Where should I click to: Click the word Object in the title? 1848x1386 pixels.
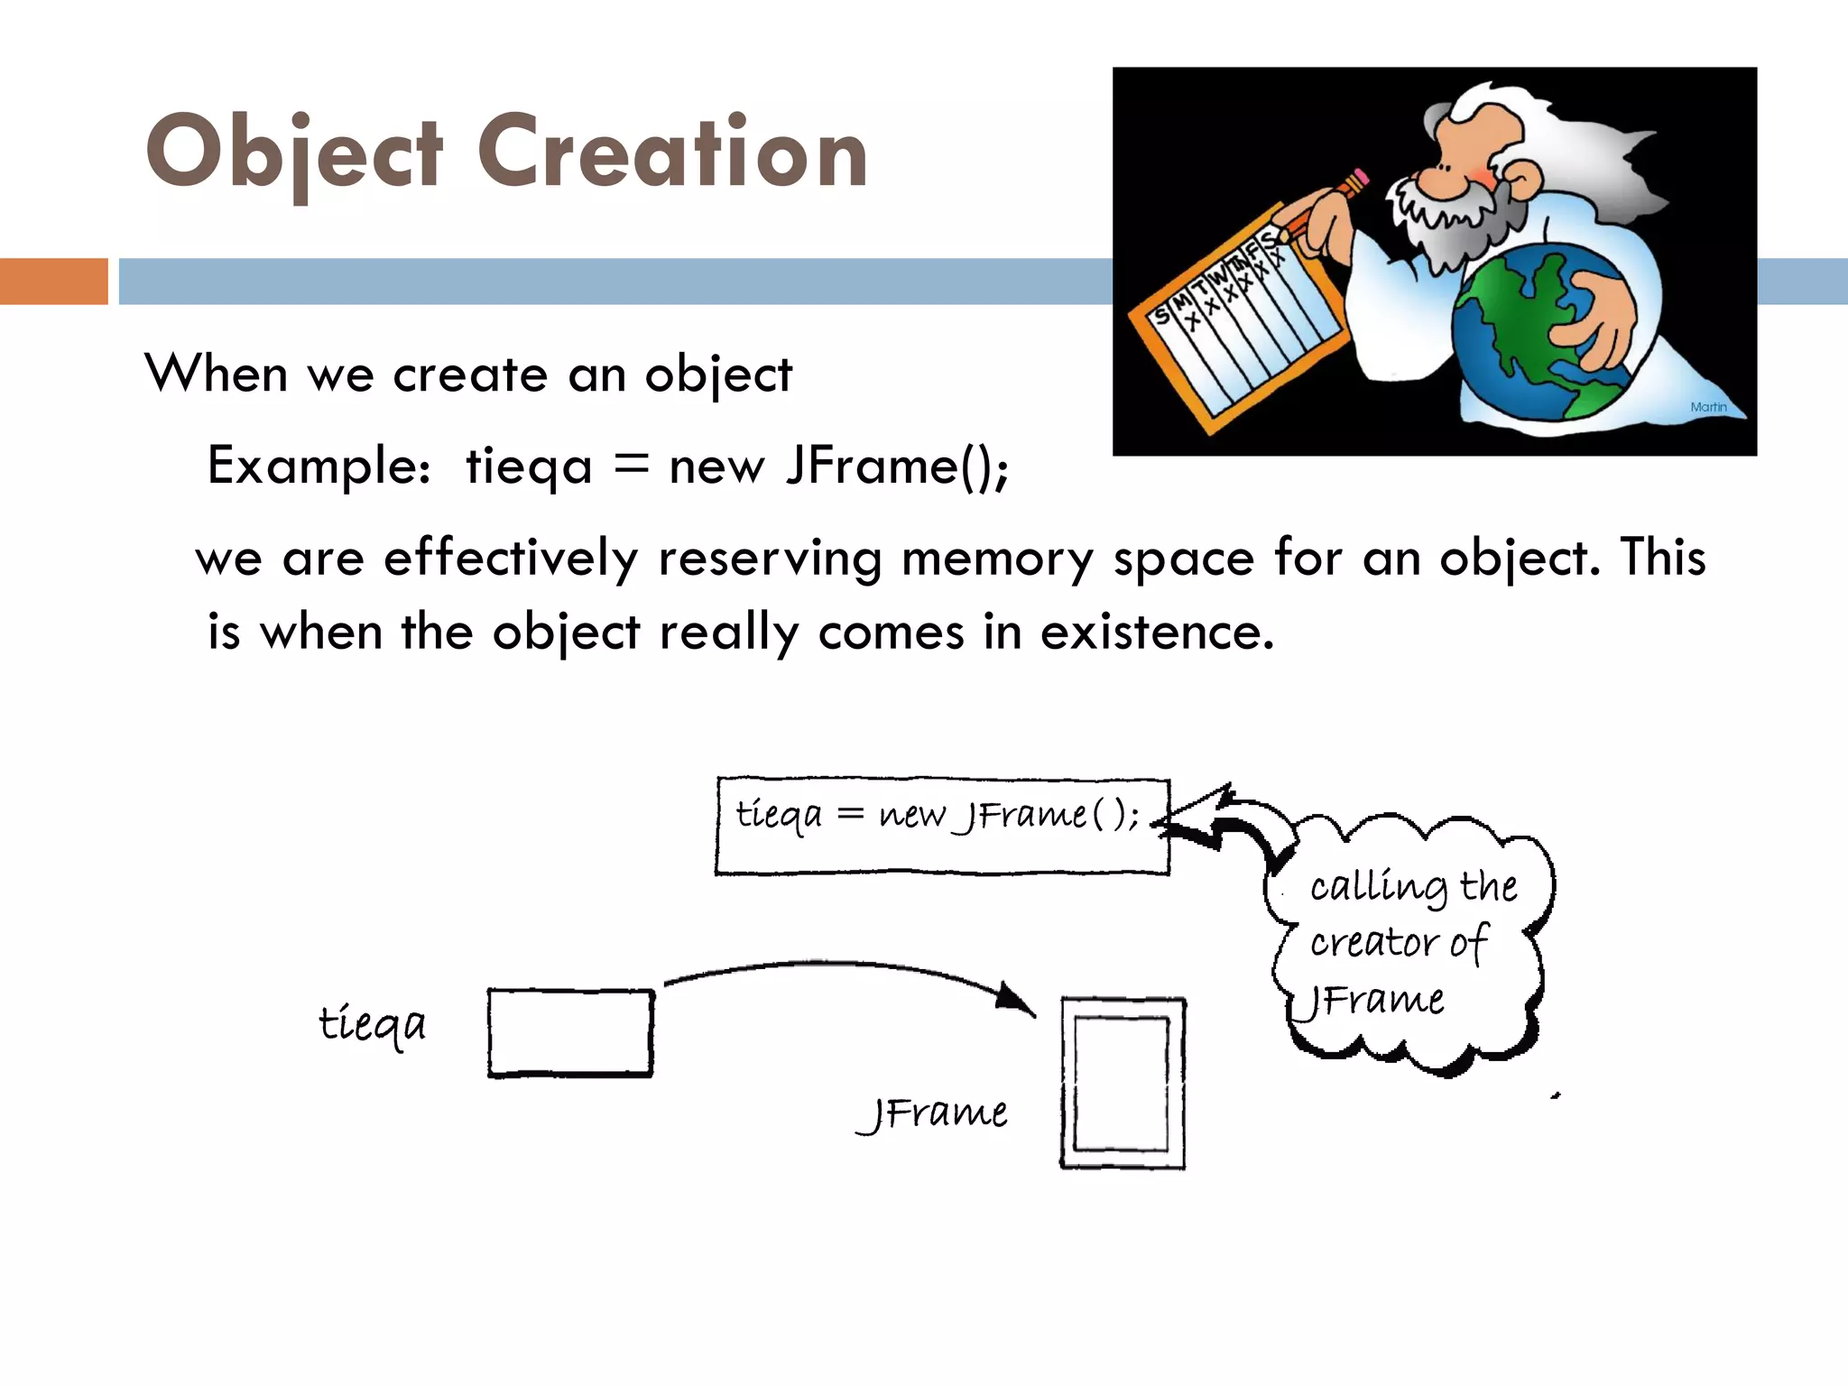point(294,153)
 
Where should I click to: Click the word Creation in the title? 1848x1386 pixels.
point(672,153)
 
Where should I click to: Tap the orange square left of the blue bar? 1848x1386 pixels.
point(53,282)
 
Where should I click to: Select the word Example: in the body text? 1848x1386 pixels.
point(319,467)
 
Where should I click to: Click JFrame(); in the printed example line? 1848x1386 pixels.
point(897,467)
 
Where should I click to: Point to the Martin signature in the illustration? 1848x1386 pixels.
point(1707,407)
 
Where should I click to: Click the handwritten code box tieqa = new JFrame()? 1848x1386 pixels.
point(941,827)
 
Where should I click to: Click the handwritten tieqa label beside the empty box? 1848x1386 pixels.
point(372,1025)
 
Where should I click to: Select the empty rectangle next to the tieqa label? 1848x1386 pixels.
point(570,1033)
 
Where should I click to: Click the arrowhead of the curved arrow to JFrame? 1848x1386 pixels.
point(1018,1000)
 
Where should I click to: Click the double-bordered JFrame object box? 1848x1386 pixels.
point(1123,1083)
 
